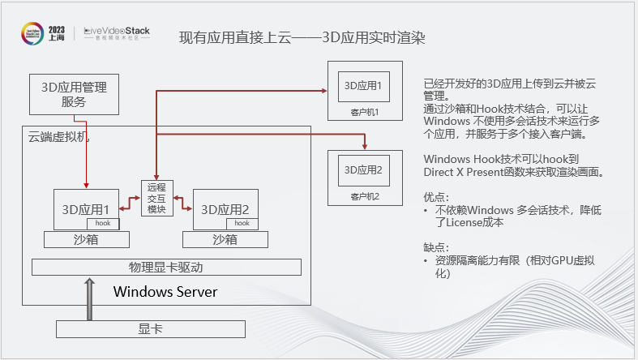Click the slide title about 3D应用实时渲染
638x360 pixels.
302,37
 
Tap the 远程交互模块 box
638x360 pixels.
157,198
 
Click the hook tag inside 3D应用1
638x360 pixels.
103,223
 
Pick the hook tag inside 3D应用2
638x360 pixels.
242,223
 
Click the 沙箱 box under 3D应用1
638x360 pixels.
87,239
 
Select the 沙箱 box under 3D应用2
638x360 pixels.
225,239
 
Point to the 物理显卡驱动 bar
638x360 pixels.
166,267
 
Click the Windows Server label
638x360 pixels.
165,291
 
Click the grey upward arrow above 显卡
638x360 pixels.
87,299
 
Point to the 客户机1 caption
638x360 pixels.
365,112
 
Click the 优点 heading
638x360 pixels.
435,196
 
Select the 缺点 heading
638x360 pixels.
435,247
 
